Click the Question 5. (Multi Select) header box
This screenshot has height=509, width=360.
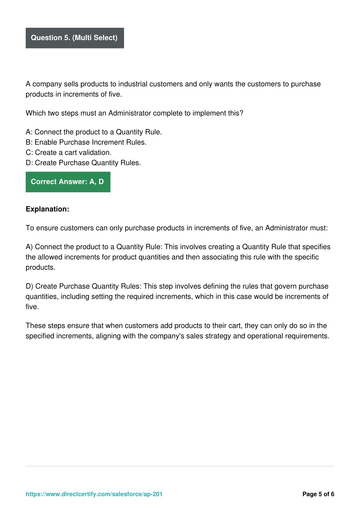pyautogui.click(x=75, y=38)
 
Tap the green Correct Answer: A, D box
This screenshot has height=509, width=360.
pyautogui.click(x=68, y=182)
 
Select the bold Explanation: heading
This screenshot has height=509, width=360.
pyautogui.click(x=47, y=209)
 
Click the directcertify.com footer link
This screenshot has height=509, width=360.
pyautogui.click(x=94, y=494)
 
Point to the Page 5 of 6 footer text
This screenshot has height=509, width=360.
pyautogui.click(x=318, y=494)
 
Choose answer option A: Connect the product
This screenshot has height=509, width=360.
pyautogui.click(x=94, y=132)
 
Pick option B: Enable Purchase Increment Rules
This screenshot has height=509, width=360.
pyautogui.click(x=86, y=142)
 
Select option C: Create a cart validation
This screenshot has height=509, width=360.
pyautogui.click(x=69, y=153)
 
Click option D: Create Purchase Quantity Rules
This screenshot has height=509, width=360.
pyautogui.click(x=83, y=163)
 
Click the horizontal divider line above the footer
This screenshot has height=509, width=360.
pyautogui.click(x=180, y=466)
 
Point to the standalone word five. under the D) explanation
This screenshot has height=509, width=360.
pyautogui.click(x=32, y=307)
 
